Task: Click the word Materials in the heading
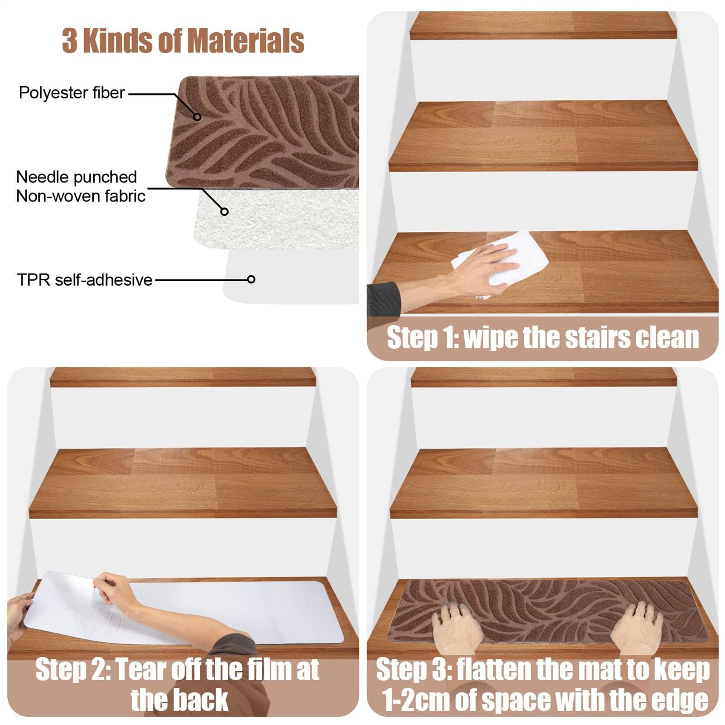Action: coord(245,41)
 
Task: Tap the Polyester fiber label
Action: coord(72,93)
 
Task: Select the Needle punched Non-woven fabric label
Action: coord(81,186)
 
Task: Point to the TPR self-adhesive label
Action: coord(85,280)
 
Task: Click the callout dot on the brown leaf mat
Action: coord(197,117)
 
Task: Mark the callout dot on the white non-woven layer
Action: coord(224,211)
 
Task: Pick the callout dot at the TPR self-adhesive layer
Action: coord(251,279)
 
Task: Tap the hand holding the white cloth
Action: coord(480,267)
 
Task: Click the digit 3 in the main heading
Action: coord(70,41)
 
